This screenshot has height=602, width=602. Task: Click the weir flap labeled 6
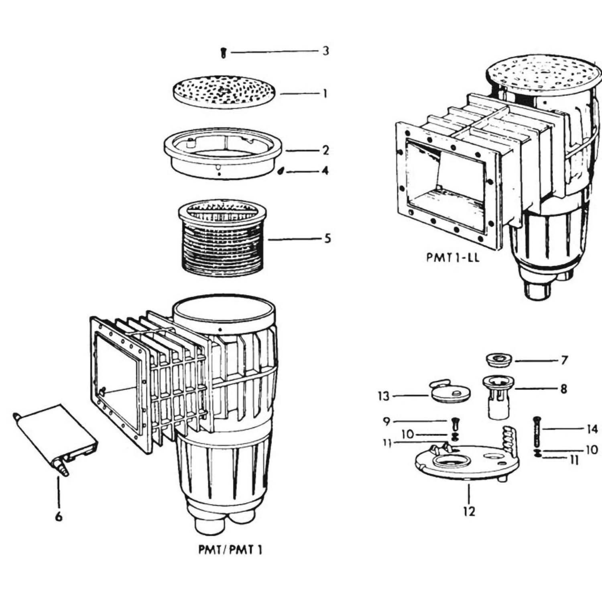[x=56, y=437]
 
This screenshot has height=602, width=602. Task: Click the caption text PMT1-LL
[x=452, y=258]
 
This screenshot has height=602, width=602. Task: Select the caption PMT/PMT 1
[x=230, y=549]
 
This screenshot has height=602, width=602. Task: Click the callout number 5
[x=327, y=239]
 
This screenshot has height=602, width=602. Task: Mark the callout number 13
[x=384, y=397]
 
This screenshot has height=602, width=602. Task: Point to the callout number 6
[x=59, y=517]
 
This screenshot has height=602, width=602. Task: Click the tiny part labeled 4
[x=280, y=171]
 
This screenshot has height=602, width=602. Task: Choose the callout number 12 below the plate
[x=469, y=512]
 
